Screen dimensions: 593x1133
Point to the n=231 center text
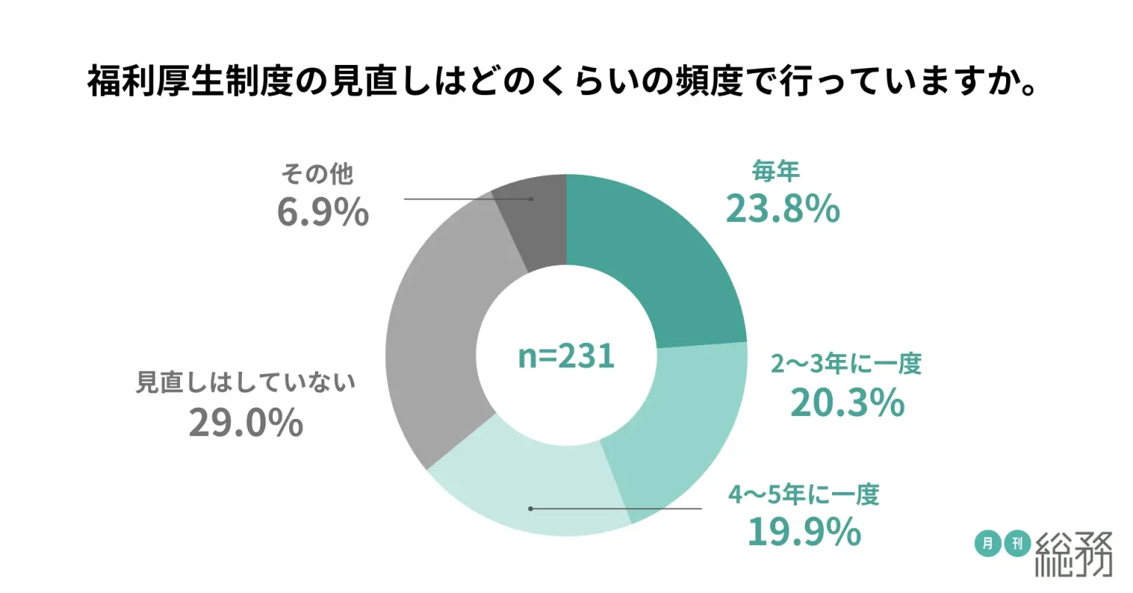(566, 356)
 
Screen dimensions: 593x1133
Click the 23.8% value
(783, 209)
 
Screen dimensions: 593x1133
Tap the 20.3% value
(847, 403)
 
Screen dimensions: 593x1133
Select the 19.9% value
(804, 531)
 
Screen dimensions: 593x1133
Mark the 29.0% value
(246, 423)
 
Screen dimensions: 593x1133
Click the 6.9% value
(322, 212)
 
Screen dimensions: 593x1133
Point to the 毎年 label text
(776, 173)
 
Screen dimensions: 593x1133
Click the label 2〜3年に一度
(846, 364)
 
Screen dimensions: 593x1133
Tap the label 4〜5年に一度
(804, 494)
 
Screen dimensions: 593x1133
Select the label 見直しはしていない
(246, 384)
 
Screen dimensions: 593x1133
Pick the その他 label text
(317, 174)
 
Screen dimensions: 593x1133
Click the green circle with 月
(987, 544)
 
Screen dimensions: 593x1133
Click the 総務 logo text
(1074, 555)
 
